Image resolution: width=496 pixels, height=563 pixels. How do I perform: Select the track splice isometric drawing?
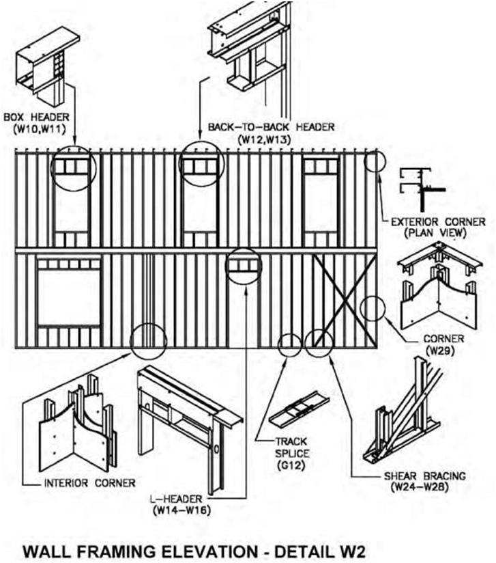pos(300,410)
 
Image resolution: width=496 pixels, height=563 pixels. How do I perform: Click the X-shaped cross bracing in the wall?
pos(344,299)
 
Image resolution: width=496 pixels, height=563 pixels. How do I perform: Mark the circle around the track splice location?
pos(290,346)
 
